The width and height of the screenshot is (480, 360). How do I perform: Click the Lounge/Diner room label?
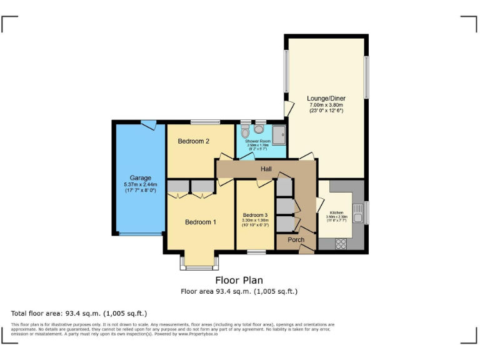[x=326, y=99]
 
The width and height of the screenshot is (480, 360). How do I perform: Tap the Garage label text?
[x=140, y=178]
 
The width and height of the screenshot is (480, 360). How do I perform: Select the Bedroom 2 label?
[x=193, y=141]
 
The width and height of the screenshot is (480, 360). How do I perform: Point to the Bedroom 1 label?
[x=201, y=222]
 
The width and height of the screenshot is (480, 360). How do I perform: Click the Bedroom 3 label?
[x=255, y=215]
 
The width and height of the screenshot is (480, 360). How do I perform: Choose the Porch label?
[x=296, y=240]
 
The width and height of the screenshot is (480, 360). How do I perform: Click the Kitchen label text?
[x=336, y=212]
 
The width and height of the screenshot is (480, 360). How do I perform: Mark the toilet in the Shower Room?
[x=244, y=131]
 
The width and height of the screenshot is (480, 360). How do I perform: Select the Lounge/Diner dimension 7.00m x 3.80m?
[x=326, y=105]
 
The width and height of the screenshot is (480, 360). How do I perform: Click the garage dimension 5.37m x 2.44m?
[x=140, y=185]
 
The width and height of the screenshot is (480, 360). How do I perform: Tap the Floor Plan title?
[x=239, y=281]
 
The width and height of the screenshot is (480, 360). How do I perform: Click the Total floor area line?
[x=79, y=313]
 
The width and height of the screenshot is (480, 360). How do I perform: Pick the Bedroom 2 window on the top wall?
[x=201, y=122]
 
